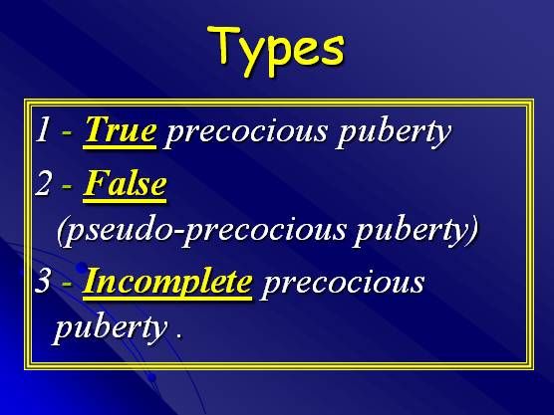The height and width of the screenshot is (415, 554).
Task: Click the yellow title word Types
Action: [x=276, y=50]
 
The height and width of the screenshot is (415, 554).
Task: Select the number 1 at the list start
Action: [x=43, y=129]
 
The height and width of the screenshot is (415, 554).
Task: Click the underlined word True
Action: [x=120, y=129]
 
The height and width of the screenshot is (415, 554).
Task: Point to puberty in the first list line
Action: [x=394, y=132]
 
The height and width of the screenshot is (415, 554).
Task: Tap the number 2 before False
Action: [x=43, y=183]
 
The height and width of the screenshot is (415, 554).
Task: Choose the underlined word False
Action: [x=125, y=183]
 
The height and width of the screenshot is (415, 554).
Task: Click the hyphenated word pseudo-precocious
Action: [x=204, y=231]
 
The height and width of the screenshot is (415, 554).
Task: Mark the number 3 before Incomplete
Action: [x=43, y=282]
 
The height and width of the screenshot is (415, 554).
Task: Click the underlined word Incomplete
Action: [x=167, y=284]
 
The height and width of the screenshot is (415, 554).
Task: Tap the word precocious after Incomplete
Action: [x=342, y=285]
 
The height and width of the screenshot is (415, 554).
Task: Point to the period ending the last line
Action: [x=179, y=335]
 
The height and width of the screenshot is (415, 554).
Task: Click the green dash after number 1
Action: [x=67, y=133]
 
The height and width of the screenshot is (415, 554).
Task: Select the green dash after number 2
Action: [x=67, y=187]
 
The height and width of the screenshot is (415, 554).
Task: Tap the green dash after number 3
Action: [x=67, y=286]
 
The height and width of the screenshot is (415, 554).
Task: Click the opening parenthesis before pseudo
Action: [x=62, y=231]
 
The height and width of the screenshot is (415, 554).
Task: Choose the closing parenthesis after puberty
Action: [x=473, y=231]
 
